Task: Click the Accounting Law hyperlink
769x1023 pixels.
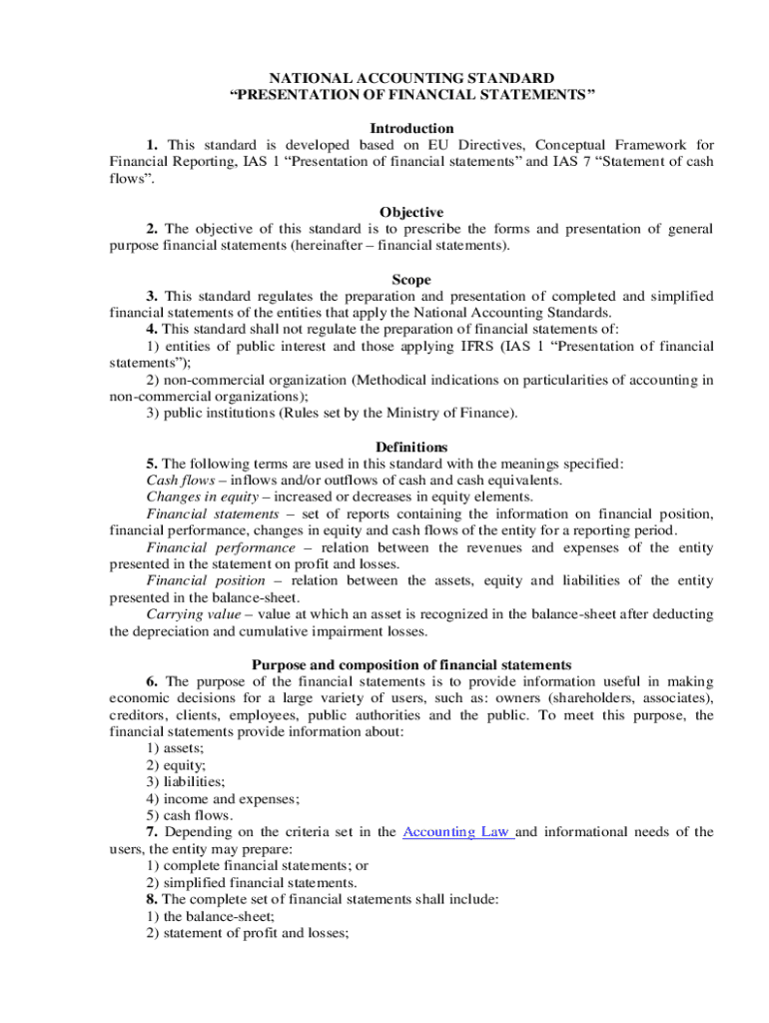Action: point(456,832)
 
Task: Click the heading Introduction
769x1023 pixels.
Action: point(411,129)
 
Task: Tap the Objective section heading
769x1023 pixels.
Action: point(411,213)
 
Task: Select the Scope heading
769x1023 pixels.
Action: point(411,281)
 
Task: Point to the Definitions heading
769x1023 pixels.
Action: point(411,447)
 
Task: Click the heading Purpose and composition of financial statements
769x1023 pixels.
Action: point(411,665)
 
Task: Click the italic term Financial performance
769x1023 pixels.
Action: point(221,547)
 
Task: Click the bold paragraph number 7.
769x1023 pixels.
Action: point(152,832)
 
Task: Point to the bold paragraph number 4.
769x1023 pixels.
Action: point(152,330)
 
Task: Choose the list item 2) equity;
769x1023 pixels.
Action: point(172,765)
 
